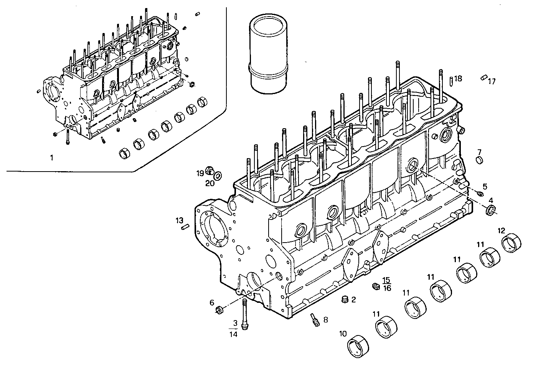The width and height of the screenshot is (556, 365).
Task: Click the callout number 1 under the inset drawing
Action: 52,157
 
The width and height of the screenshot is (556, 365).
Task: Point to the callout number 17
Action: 492,81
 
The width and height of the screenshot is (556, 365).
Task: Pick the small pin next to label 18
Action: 450,81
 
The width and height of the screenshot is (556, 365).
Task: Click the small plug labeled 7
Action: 479,160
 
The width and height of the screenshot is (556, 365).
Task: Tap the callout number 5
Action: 485,187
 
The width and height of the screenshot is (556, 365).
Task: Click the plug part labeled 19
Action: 210,170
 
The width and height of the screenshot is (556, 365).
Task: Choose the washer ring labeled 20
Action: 217,176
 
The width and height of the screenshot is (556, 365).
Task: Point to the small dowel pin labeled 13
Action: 184,227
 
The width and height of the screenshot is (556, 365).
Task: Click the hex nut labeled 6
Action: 220,309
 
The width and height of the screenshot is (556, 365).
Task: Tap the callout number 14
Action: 233,334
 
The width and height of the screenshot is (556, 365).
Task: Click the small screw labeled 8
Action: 315,319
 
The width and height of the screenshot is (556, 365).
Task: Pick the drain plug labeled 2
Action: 344,299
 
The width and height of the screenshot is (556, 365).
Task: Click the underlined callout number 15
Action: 386,280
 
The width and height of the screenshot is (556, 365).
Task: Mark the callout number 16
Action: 387,288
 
